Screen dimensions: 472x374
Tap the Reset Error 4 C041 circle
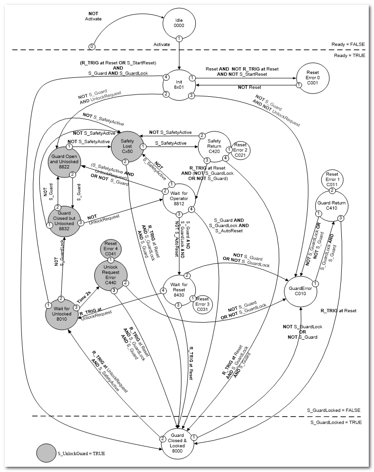(x=110, y=248)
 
